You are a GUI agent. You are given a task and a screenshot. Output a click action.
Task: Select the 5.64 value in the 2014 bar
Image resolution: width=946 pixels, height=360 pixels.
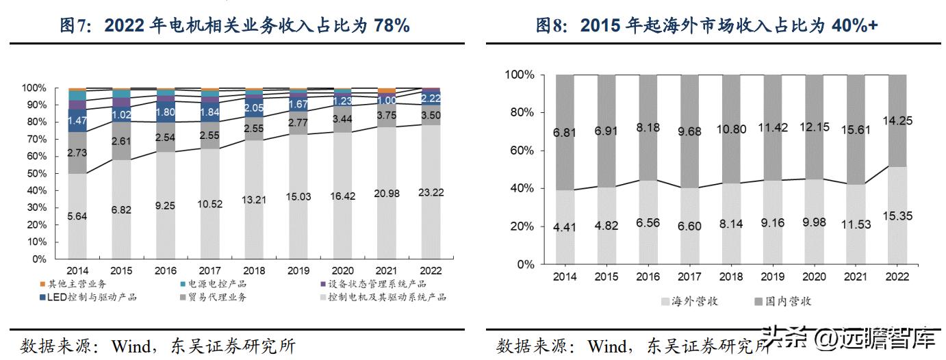[x=77, y=217]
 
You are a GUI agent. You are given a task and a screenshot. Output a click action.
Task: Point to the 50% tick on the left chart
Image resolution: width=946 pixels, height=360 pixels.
[x=34, y=174]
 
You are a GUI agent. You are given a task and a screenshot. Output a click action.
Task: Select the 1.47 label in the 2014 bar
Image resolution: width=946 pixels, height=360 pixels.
[x=77, y=120]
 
